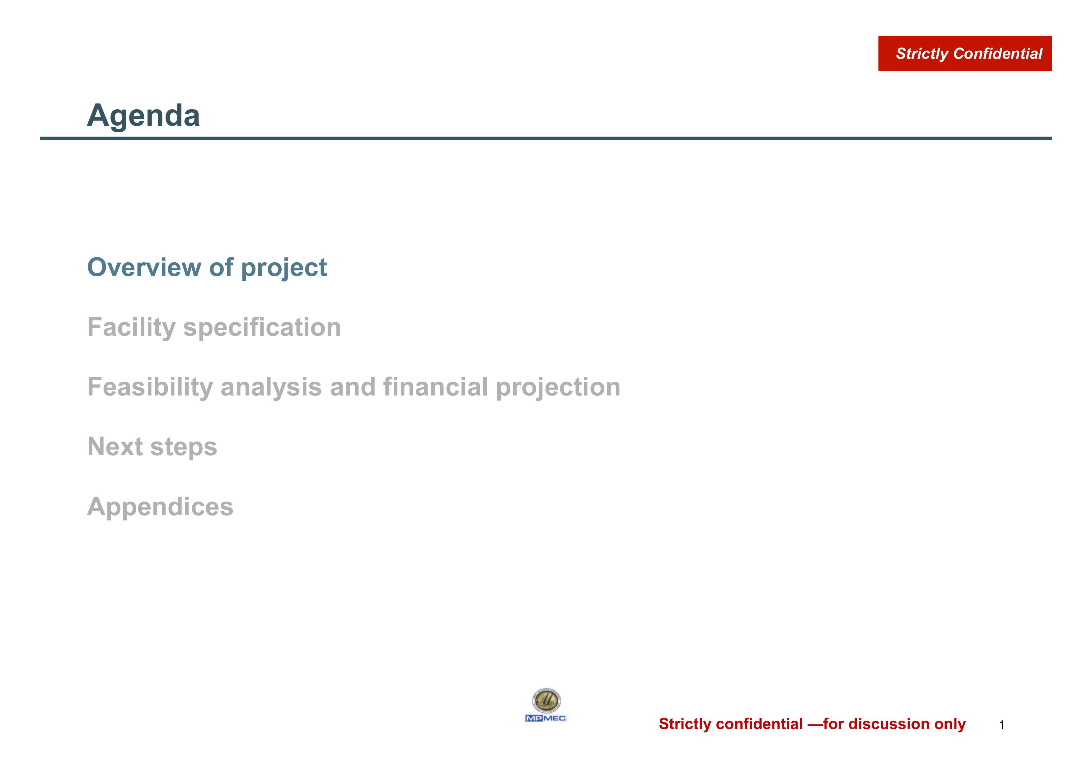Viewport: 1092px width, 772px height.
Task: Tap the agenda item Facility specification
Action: point(214,328)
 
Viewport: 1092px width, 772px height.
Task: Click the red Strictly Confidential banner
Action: point(964,53)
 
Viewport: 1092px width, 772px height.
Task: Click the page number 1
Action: point(1002,725)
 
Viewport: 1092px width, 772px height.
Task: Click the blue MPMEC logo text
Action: point(546,718)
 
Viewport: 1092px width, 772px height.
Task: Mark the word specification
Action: point(262,328)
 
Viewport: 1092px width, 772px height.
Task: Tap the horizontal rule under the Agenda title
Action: point(546,138)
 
